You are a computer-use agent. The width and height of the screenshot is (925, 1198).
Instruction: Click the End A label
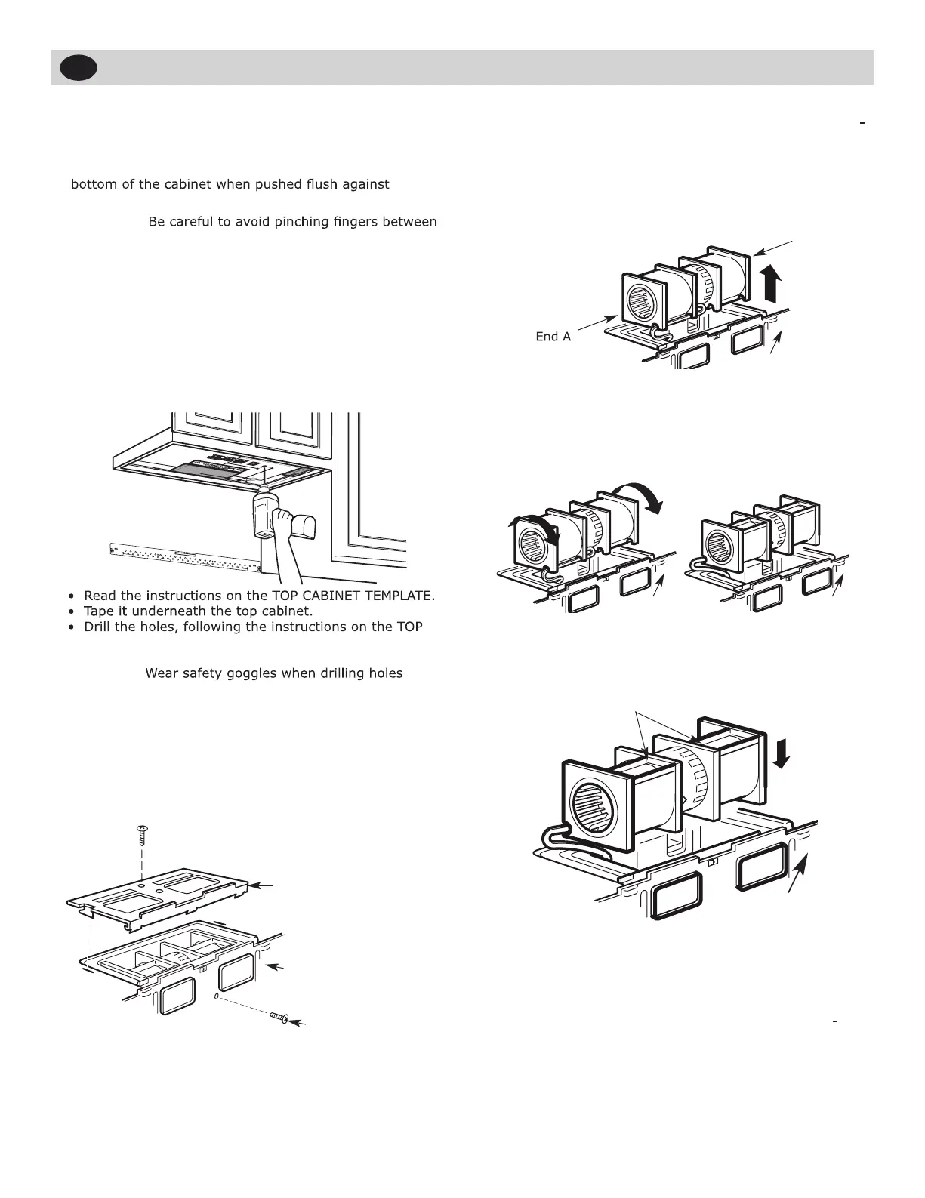click(553, 337)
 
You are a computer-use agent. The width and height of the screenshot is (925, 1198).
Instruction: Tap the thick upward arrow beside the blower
click(771, 284)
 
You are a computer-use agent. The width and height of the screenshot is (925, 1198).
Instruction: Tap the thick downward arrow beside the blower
click(782, 752)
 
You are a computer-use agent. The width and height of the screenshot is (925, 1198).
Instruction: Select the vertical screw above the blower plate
click(141, 836)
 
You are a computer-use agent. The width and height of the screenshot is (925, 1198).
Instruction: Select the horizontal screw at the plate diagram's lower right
click(279, 1018)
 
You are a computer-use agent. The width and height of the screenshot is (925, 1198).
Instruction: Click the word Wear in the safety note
click(161, 673)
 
